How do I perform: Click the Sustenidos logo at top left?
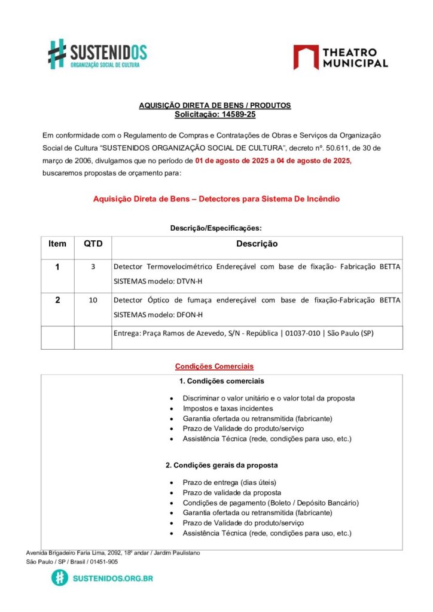(x=97, y=54)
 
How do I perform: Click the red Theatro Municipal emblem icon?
(x=306, y=57)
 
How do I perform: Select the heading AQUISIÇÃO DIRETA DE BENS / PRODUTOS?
(x=215, y=105)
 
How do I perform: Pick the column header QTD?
(x=93, y=244)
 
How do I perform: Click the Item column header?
(x=57, y=244)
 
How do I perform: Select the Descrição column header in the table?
(x=257, y=244)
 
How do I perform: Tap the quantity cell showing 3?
(x=93, y=267)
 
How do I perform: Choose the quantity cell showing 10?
(x=93, y=301)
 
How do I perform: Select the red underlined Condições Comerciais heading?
(x=214, y=366)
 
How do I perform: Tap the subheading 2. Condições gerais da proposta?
(x=221, y=465)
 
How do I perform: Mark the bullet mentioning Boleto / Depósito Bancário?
(x=270, y=503)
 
